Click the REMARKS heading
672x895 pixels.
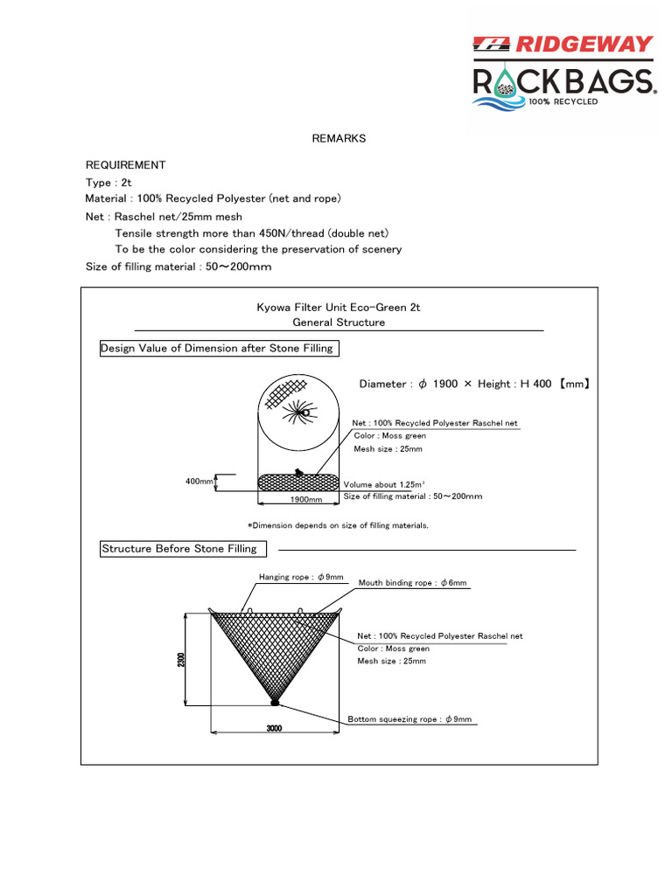click(339, 139)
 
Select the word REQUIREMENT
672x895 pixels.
click(125, 165)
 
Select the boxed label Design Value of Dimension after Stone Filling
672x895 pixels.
click(217, 349)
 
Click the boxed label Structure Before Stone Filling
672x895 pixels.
click(180, 549)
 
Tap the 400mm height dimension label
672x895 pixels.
click(199, 482)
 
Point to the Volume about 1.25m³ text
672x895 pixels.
click(384, 484)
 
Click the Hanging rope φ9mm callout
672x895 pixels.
click(301, 578)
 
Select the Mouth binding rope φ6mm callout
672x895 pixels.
click(412, 582)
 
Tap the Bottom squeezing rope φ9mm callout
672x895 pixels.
click(409, 719)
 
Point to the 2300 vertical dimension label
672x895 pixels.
click(182, 659)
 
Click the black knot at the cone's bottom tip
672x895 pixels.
click(275, 701)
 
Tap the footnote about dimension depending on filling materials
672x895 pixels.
click(338, 525)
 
